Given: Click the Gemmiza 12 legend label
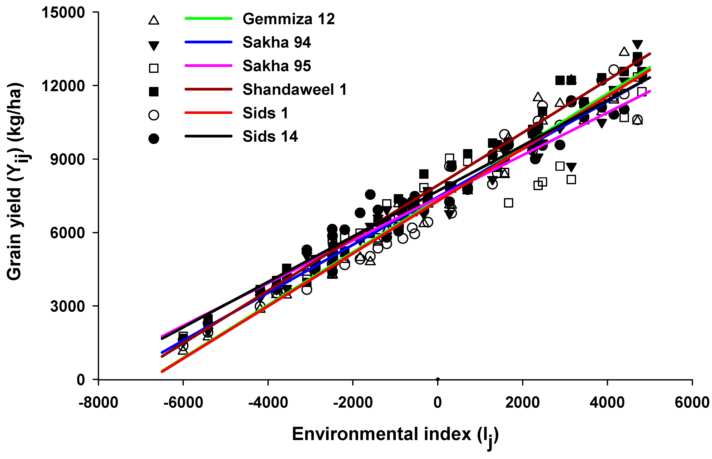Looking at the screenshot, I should click(x=288, y=19).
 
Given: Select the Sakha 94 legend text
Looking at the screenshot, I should click(x=277, y=42).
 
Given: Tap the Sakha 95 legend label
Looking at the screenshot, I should click(x=277, y=66).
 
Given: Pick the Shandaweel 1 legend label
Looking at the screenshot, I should click(x=294, y=89).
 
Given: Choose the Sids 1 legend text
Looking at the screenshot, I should click(x=265, y=113).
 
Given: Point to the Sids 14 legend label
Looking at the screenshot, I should click(x=270, y=136).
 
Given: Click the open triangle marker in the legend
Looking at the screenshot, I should click(x=154, y=20).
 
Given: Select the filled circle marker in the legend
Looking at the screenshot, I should click(x=154, y=139).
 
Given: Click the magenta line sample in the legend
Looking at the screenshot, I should click(x=208, y=65).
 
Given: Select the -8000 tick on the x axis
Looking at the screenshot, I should click(x=98, y=403).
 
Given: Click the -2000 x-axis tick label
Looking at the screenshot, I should click(x=353, y=403).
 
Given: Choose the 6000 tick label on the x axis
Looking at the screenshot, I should click(x=692, y=403).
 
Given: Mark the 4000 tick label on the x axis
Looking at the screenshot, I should click(x=607, y=403).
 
